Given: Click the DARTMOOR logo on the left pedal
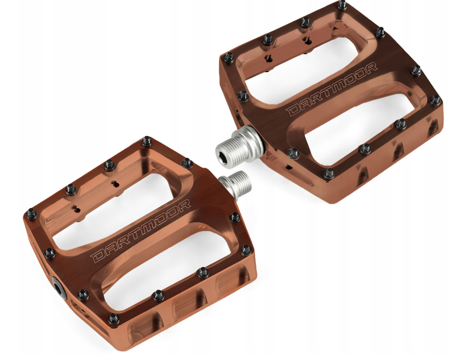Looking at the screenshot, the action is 142,231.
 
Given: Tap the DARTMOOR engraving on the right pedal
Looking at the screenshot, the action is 332,89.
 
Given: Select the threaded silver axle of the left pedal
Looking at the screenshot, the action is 235,183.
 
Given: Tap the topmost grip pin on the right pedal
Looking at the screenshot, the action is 342,5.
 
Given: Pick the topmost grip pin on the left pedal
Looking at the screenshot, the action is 147,141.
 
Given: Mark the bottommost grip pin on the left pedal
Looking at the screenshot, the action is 114,319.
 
